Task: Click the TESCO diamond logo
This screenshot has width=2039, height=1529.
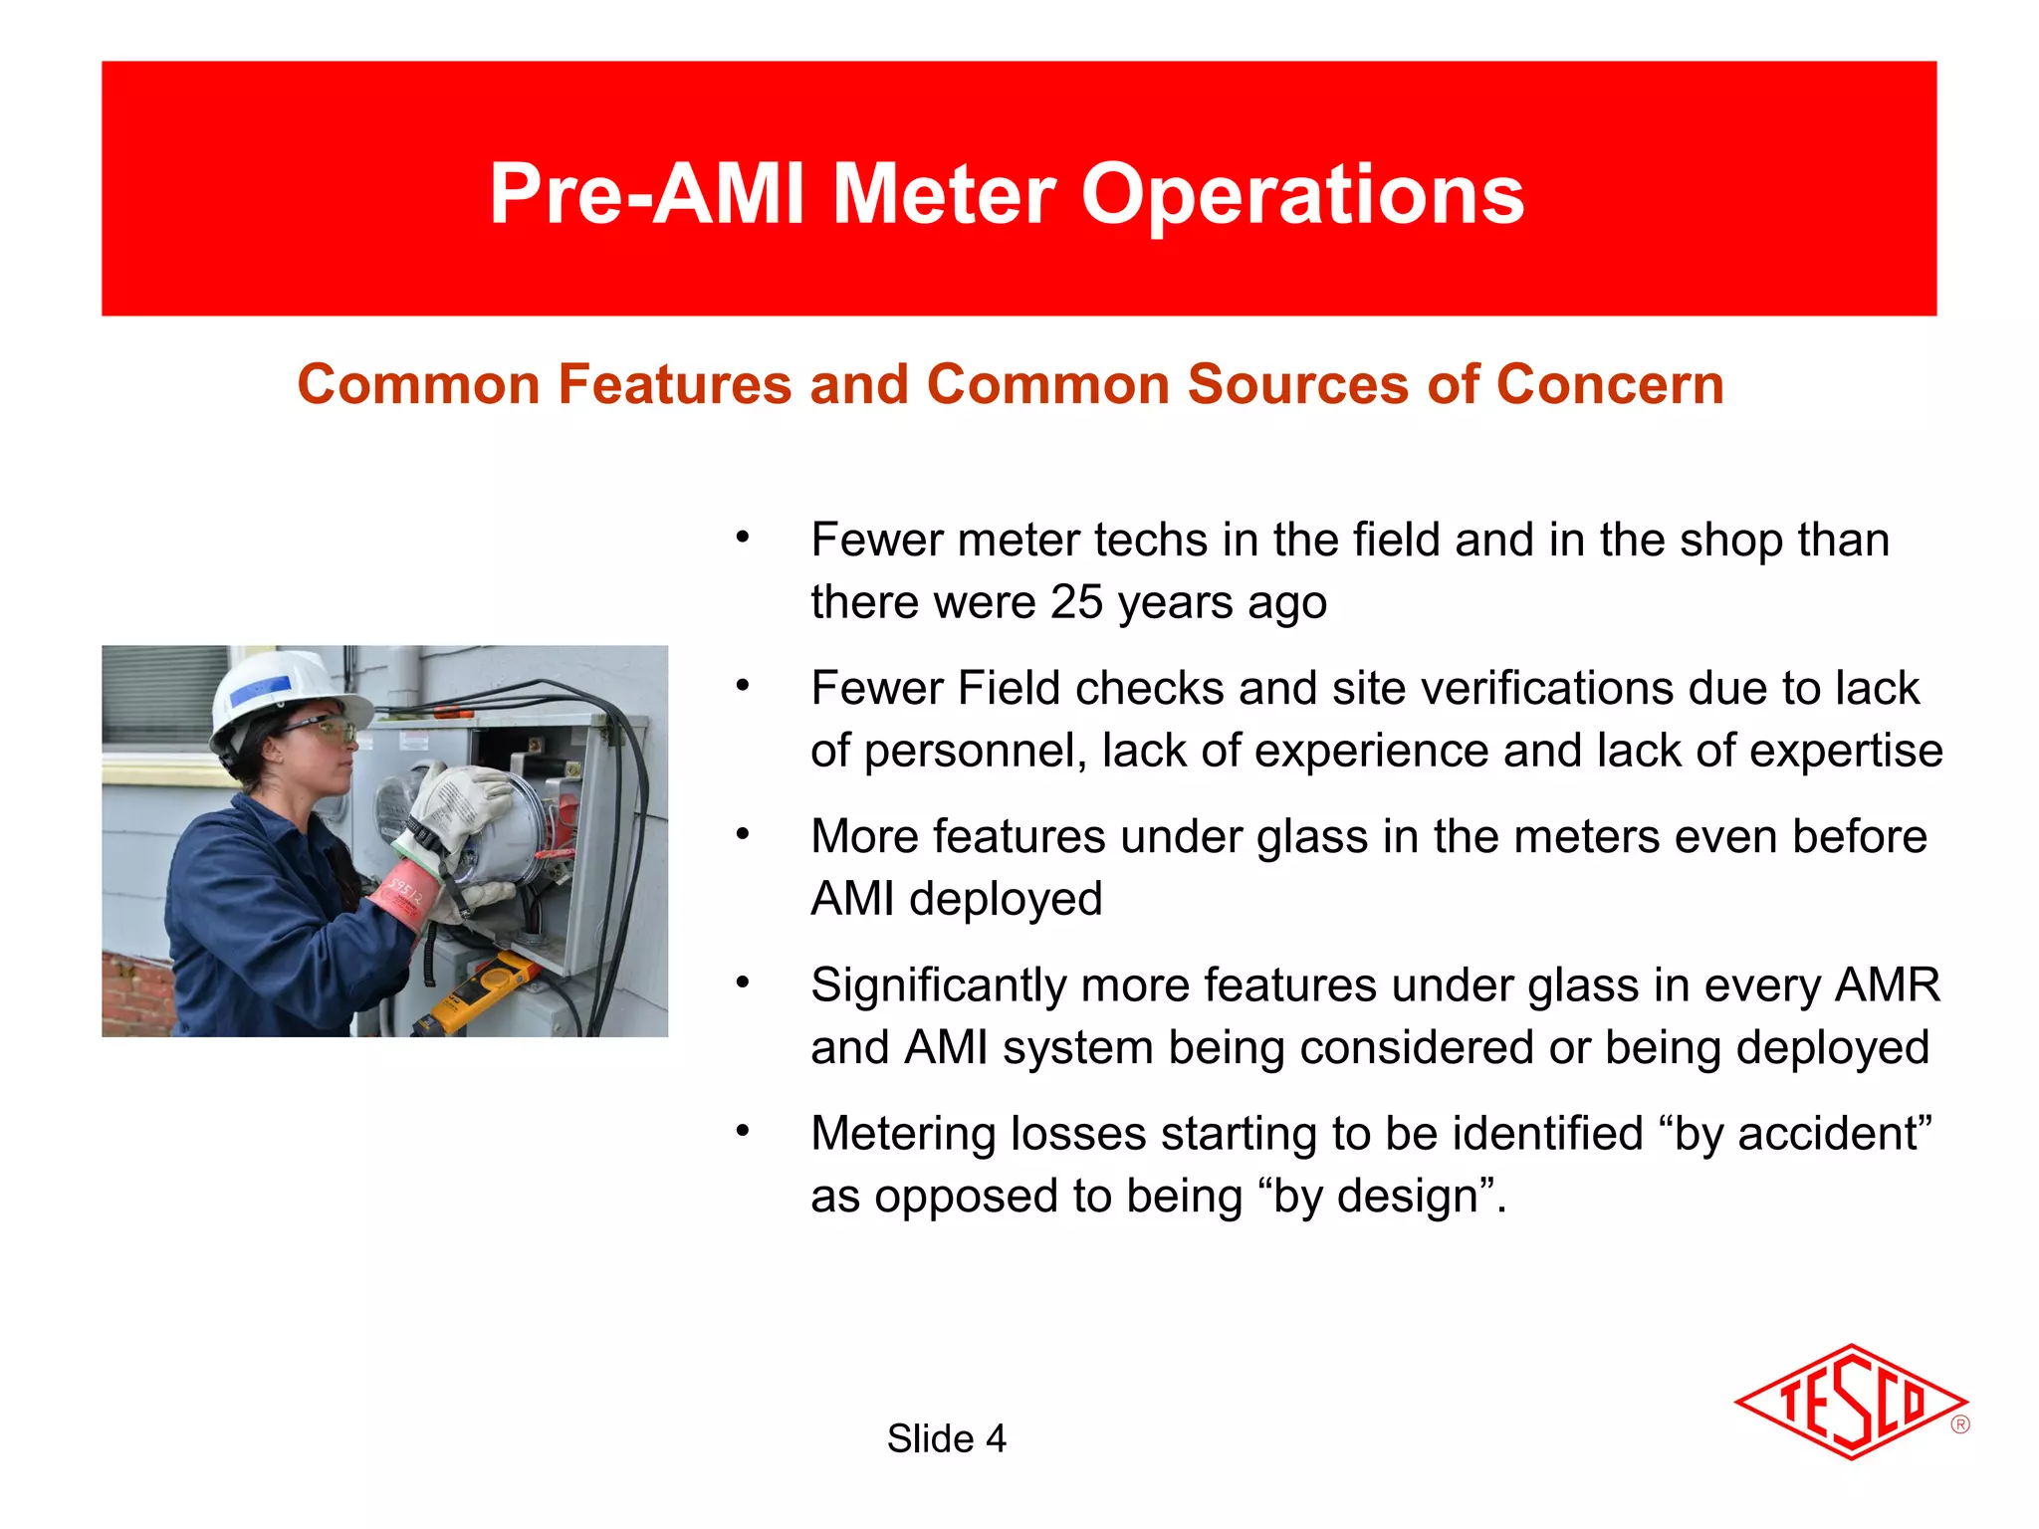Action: tap(1850, 1402)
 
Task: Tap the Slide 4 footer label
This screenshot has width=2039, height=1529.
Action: tap(946, 1438)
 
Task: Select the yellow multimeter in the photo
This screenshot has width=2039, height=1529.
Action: tap(479, 990)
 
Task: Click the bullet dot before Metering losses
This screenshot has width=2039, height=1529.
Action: tap(742, 1132)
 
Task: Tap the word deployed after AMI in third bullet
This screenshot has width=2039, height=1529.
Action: tap(1006, 899)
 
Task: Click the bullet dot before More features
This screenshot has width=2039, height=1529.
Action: tap(742, 834)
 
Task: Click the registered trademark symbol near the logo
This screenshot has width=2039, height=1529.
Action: tap(1959, 1424)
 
